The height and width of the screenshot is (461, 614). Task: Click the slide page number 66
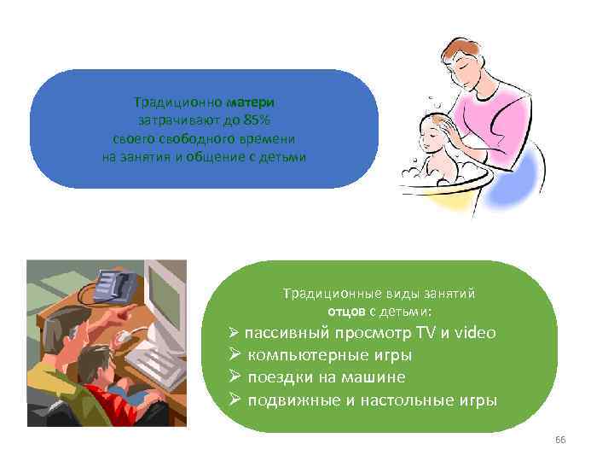click(560, 440)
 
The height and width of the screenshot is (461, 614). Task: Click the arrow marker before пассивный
click(235, 333)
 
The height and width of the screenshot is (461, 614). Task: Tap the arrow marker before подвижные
click(235, 400)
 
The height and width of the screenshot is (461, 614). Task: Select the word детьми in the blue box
click(282, 157)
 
